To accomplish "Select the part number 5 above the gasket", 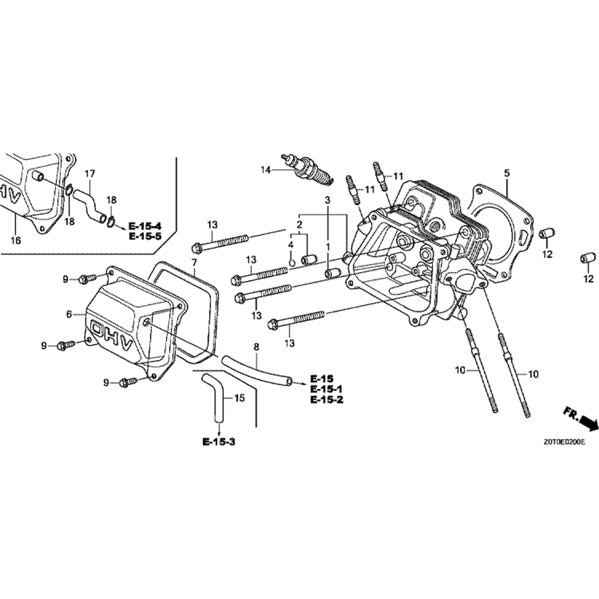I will (507, 174).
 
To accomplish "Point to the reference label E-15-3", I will (219, 442).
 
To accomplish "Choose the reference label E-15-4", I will (145, 226).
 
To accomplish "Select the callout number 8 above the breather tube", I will (256, 347).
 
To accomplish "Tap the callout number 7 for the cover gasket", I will (193, 263).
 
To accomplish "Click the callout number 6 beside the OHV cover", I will (69, 314).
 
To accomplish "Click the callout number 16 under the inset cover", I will (16, 240).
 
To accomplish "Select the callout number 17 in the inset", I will (89, 174).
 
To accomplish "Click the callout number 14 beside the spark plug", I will (265, 170).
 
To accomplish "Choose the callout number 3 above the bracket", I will (328, 199).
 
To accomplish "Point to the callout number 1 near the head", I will (328, 247).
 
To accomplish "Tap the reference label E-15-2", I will (326, 400).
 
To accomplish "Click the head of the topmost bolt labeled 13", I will (196, 247).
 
